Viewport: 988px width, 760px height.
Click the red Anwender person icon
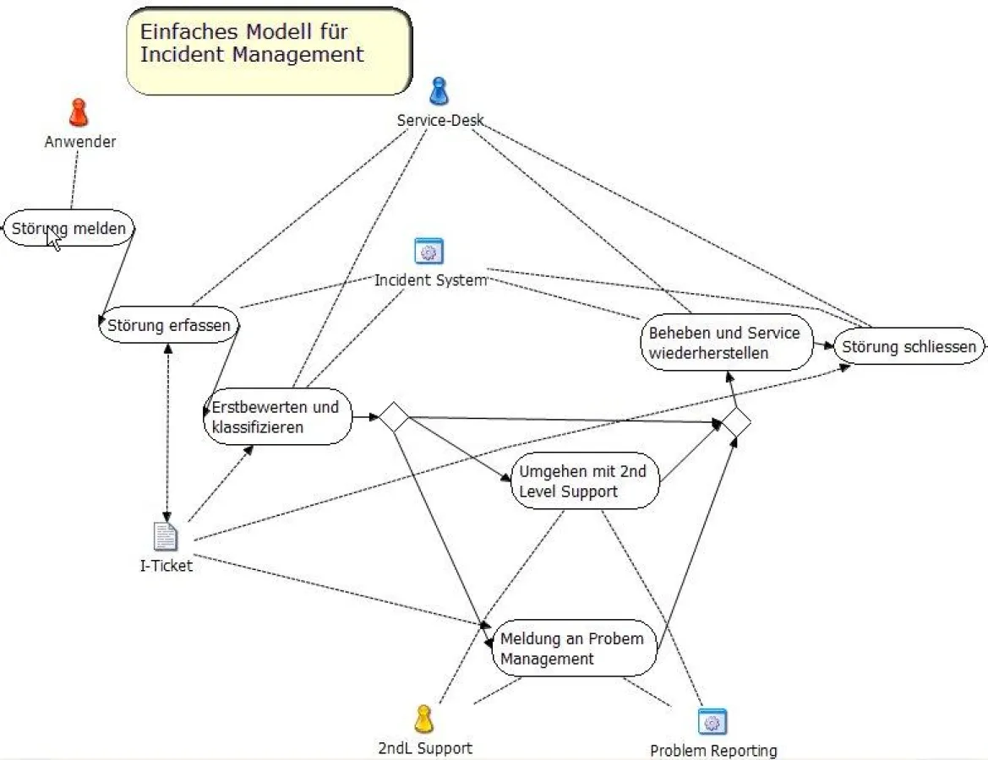(79, 113)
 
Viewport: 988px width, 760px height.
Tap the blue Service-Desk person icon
(439, 91)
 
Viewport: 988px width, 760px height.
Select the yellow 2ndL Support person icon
(423, 719)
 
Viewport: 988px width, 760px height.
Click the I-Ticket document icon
(166, 537)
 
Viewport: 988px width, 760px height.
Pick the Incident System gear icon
(429, 252)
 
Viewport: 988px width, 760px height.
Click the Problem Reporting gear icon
(712, 722)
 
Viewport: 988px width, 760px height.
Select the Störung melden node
(69, 228)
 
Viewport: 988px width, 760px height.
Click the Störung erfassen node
(169, 325)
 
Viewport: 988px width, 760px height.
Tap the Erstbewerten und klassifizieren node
(278, 417)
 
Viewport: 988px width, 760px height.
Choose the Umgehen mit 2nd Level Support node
(584, 480)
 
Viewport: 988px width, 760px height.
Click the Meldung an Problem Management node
(574, 649)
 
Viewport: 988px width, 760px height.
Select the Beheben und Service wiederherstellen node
(725, 343)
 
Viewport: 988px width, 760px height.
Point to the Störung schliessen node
(909, 346)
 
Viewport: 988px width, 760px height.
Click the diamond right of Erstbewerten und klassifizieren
(394, 417)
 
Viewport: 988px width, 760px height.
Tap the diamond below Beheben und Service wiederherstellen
(735, 422)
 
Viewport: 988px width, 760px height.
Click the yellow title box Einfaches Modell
(269, 51)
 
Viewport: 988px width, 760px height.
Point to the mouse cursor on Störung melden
(53, 240)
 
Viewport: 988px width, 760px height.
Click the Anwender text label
(80, 142)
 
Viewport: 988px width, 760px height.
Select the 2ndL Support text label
(425, 747)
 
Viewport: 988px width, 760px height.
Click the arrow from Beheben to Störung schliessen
(824, 345)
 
